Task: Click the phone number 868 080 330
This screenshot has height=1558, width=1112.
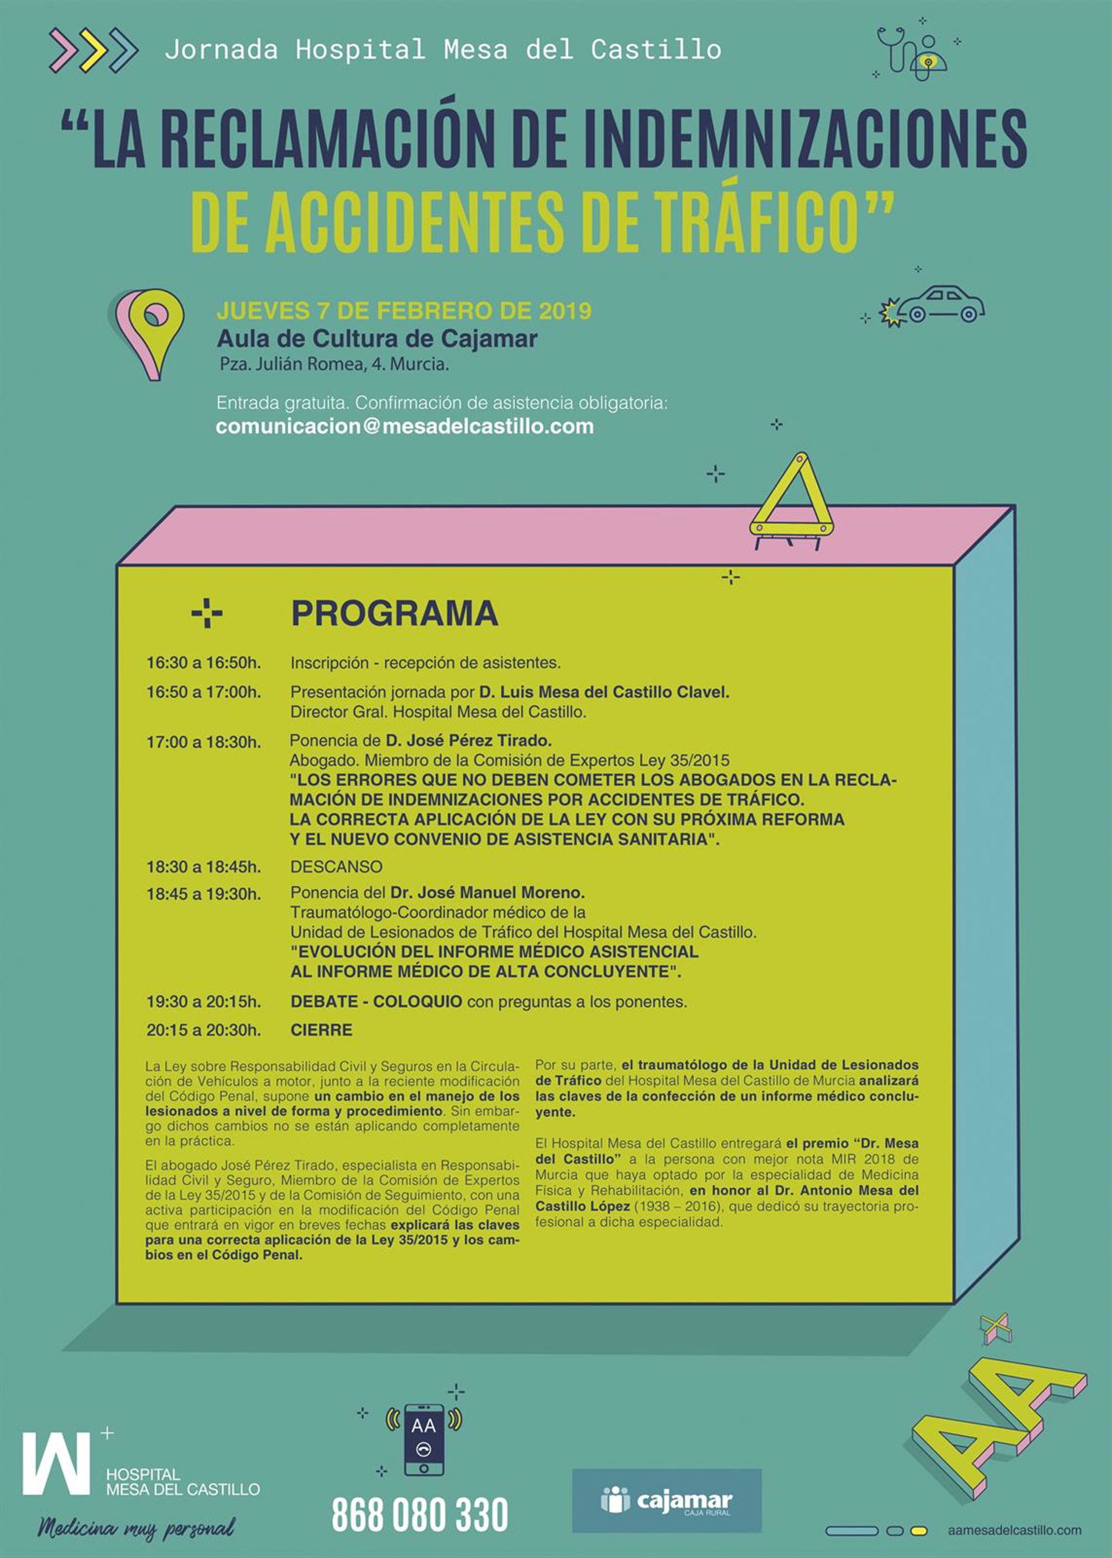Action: [x=420, y=1514]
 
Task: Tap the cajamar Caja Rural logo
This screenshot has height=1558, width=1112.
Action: [x=666, y=1501]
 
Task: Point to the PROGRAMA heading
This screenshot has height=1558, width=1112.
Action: [x=394, y=613]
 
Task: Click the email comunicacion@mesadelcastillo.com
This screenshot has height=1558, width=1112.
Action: [x=405, y=426]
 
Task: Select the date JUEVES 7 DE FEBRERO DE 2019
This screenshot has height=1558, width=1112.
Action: [x=404, y=311]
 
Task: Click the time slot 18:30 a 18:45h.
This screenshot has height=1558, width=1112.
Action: [x=203, y=867]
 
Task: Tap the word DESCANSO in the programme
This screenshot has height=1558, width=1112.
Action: [x=336, y=867]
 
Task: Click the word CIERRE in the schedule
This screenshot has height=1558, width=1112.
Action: [x=321, y=1030]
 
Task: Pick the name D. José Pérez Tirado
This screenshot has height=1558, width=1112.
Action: [x=469, y=741]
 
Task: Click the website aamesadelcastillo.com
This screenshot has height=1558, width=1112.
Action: [x=1015, y=1530]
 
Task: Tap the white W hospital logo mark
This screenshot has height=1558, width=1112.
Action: [x=56, y=1463]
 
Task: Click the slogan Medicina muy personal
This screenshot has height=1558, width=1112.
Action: [x=136, y=1527]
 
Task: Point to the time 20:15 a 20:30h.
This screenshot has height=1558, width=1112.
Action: [x=203, y=1030]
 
